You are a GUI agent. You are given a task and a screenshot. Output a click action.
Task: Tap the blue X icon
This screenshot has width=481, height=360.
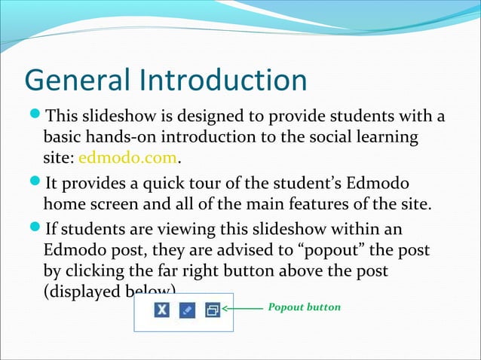coord(161,310)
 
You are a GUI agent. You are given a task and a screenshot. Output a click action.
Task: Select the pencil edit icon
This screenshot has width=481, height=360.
coord(187,310)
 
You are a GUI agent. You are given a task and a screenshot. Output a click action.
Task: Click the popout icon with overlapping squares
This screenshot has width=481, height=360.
coord(213,310)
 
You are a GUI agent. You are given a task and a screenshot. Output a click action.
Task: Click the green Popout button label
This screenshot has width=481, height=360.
coord(305,308)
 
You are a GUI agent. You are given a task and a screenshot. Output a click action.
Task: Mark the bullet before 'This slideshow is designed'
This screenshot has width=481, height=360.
coord(35,117)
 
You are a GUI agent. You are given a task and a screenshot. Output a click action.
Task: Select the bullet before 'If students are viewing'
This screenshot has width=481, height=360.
coord(35,228)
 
